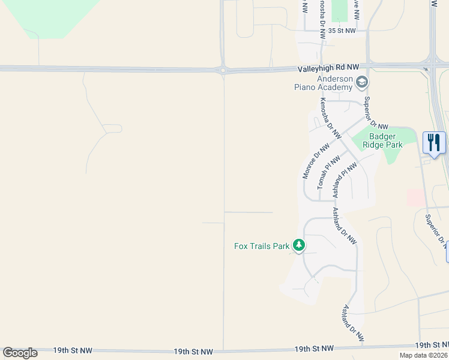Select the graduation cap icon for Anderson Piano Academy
362,82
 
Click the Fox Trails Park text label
261,245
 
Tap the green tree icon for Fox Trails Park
299,245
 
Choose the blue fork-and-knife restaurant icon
434,143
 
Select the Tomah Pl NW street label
328,173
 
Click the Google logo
20,352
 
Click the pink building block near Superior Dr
415,197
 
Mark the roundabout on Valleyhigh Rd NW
223,70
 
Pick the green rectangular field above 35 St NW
339,11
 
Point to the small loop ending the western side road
112,128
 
